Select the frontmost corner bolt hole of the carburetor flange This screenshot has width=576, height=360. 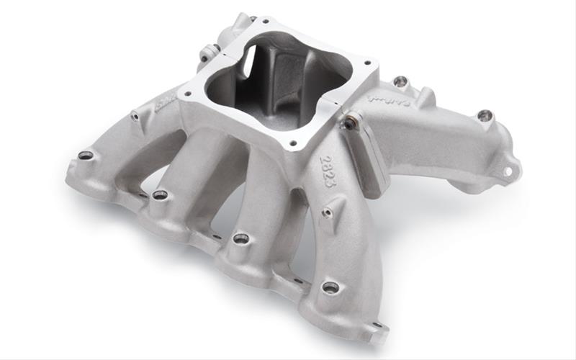[x=292, y=143]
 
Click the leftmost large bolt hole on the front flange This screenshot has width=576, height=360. [x=86, y=155]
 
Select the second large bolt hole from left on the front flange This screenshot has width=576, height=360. [x=160, y=194]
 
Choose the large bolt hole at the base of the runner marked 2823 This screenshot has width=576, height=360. [x=330, y=287]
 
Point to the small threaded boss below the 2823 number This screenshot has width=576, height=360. [x=328, y=212]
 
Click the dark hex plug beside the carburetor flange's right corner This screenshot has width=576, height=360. [x=349, y=123]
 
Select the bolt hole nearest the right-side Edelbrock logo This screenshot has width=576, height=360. [x=401, y=81]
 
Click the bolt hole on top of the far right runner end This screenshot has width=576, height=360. [x=485, y=115]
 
